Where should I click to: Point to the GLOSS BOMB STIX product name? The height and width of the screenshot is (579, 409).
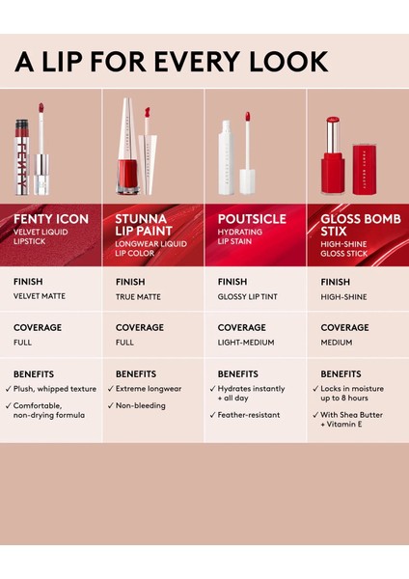click(x=354, y=225)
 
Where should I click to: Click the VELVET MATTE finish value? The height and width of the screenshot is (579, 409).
click(x=40, y=296)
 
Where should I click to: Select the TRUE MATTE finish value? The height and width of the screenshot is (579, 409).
click(x=138, y=296)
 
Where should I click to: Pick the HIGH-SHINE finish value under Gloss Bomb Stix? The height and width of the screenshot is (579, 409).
click(x=343, y=296)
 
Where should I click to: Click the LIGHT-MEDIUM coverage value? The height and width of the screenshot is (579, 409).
click(x=246, y=343)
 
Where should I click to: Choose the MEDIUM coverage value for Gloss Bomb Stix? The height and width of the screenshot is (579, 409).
click(x=338, y=343)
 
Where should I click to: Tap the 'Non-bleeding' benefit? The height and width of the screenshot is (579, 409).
click(x=141, y=405)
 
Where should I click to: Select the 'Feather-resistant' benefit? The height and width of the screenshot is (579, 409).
click(x=249, y=415)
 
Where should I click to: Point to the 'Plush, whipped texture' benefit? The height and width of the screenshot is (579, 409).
click(x=55, y=389)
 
